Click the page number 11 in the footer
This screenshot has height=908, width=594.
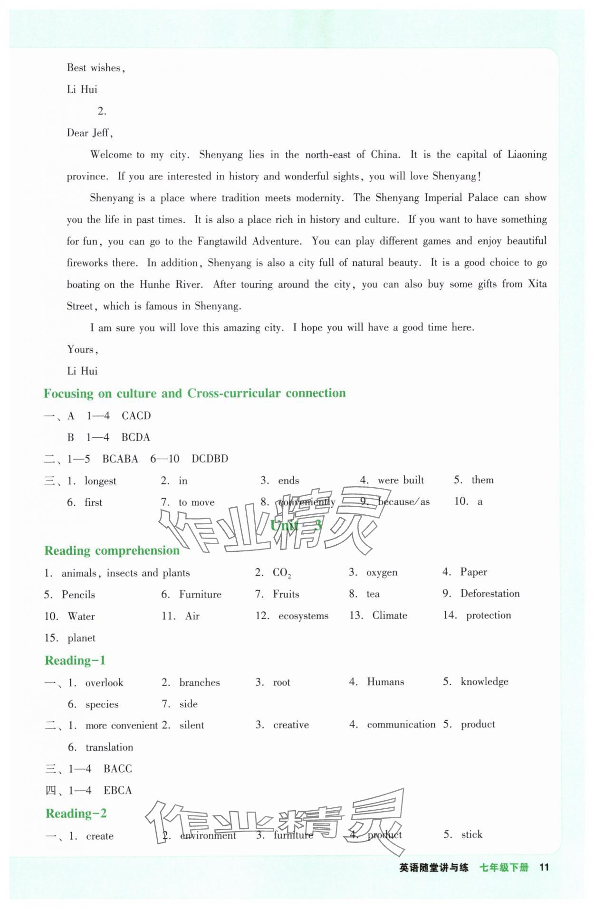pos(544,867)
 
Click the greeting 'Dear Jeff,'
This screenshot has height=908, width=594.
pos(90,133)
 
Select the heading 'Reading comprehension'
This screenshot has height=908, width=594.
pos(112,550)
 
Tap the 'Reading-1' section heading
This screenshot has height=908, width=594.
pos(75,660)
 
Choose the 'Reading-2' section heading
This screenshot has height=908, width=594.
pos(76,813)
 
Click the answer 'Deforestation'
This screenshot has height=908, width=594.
pos(490,593)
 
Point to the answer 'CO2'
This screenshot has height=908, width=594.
pos(282,573)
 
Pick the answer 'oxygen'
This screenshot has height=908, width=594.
pos(382,572)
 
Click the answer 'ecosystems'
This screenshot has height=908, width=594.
pos(303,616)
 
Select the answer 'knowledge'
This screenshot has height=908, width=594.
pos(484,681)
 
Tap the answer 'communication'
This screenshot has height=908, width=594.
pos(401,724)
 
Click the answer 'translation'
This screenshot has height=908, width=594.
pos(109,747)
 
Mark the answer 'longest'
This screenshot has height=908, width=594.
pos(100,481)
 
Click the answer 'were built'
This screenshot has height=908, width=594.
pos(401,480)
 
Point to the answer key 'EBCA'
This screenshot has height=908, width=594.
pos(117,790)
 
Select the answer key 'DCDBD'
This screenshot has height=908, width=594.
pos(210,459)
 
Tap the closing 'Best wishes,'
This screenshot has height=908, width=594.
pos(96,68)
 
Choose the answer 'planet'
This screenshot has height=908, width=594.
pos(81,638)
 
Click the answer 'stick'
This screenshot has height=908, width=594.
pos(471,834)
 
